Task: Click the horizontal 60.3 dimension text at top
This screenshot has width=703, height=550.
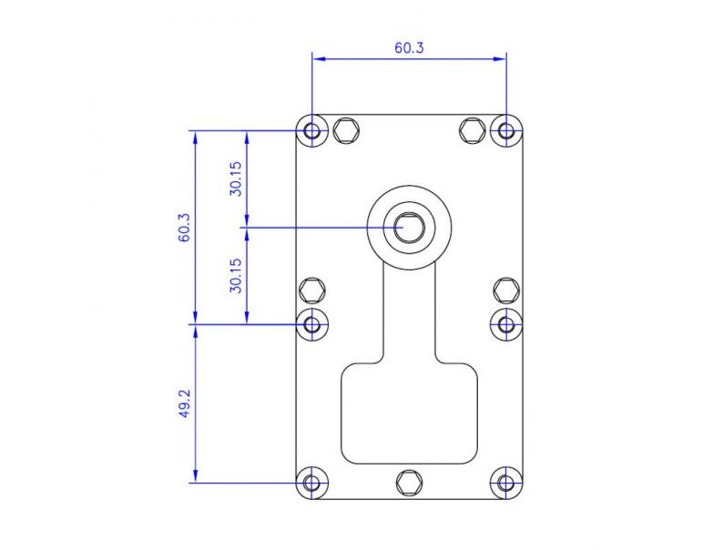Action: [409, 48]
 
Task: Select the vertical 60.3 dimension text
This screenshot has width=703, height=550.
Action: [184, 227]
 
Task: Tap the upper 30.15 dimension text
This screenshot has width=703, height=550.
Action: [236, 178]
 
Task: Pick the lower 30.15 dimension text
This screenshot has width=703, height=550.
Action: [236, 274]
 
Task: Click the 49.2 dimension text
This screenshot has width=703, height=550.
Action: [184, 403]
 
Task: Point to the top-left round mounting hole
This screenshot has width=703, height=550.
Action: [312, 130]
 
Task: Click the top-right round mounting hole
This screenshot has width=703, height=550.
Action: [506, 130]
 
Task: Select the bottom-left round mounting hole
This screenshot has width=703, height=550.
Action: [312, 483]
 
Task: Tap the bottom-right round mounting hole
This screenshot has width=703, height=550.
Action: [506, 483]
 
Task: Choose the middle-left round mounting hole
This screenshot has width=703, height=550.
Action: [312, 323]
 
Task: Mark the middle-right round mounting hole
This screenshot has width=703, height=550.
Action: [506, 323]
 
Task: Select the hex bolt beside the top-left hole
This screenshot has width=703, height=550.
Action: [345, 130]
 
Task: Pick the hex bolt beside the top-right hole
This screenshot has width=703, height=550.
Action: [472, 130]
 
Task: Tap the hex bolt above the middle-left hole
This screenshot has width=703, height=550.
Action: [312, 290]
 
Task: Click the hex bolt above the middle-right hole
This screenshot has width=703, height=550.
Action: [506, 290]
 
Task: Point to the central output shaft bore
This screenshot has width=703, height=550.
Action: [410, 227]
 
